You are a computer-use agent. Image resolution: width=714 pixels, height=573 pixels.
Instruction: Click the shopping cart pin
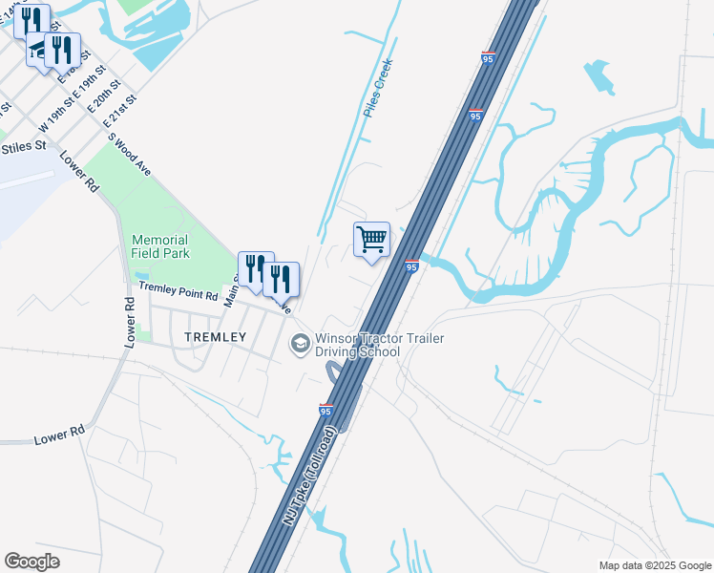pos(371,240)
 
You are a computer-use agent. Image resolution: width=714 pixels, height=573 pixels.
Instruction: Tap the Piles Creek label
pos(378,88)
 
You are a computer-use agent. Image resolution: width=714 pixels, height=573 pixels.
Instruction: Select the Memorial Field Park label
pos(161,246)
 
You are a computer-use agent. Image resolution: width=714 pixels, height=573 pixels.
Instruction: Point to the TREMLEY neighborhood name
pos(216,337)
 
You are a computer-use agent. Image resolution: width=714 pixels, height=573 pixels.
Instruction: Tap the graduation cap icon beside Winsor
pos(300,342)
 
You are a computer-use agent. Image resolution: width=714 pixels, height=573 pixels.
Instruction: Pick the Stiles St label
pos(24,146)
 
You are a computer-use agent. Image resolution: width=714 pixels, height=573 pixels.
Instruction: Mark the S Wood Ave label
pos(130,152)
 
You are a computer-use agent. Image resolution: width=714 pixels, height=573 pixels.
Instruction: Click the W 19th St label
pos(55,116)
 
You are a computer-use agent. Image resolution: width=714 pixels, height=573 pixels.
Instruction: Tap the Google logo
pos(31,562)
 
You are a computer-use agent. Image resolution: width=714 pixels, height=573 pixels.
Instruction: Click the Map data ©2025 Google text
pos(654,565)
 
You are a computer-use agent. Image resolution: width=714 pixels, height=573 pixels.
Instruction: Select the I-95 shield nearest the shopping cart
pos(411,265)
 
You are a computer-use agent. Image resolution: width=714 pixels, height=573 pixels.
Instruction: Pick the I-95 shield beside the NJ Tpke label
pos(325,411)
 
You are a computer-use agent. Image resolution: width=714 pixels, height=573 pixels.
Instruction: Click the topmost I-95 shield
pos(489,58)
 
